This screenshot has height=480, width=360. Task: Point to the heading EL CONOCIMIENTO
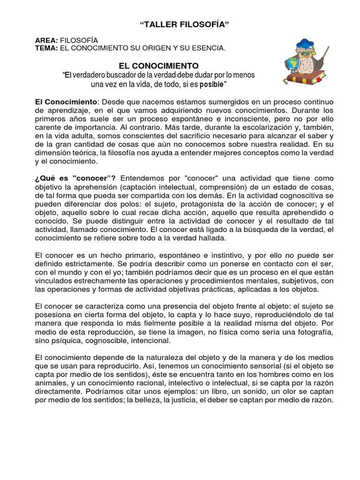coord(159,66)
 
